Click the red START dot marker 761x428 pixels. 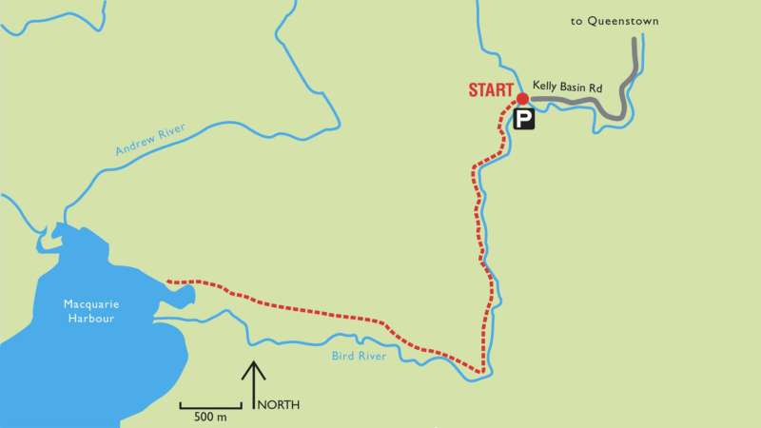tap(522, 98)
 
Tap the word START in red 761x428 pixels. tap(491, 91)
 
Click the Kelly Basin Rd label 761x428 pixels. tap(567, 88)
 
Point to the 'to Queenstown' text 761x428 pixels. tap(615, 21)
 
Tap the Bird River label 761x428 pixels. tap(357, 357)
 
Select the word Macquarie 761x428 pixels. tap(90, 304)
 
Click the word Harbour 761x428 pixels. tap(90, 319)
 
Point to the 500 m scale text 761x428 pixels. tap(210, 418)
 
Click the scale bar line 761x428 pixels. tap(210, 406)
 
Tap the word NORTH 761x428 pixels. tap(280, 405)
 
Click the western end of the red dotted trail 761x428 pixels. tap(167, 282)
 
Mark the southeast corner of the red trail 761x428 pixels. tap(482, 371)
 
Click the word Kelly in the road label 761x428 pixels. tap(544, 88)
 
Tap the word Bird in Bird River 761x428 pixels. tap(342, 357)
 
